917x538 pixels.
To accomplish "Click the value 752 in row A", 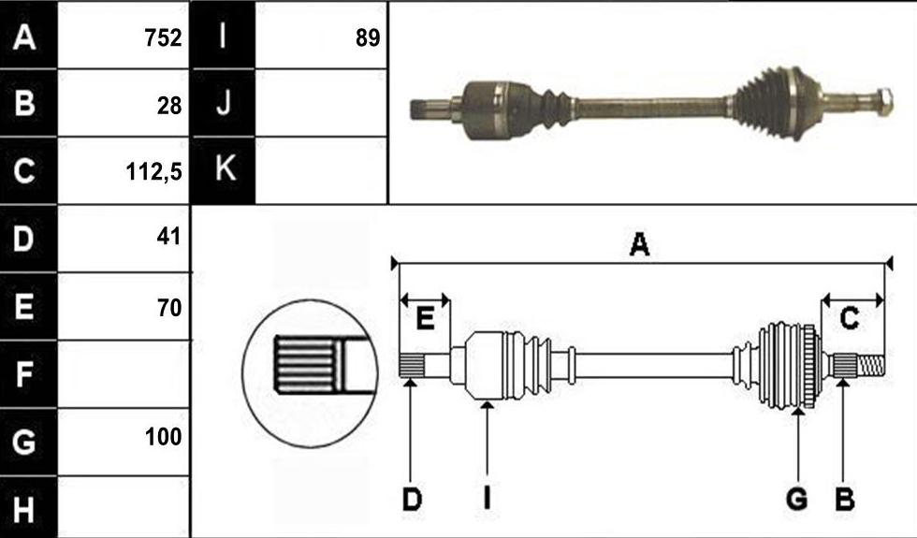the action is [163, 38].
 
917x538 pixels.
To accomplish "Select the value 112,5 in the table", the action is [153, 172].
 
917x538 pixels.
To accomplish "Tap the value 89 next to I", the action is [367, 38].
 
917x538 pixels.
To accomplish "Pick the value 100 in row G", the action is [163, 436].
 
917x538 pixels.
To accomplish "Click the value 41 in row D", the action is [169, 237].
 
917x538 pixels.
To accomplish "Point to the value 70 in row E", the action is [169, 307].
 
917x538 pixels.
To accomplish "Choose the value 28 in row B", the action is [169, 106].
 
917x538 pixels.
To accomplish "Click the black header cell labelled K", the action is [223, 170].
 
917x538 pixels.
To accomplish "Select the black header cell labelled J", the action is [223, 103].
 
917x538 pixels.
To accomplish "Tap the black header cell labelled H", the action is [28, 507].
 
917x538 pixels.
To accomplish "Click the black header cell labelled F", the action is [28, 373].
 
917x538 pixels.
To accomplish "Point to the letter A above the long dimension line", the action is [639, 244].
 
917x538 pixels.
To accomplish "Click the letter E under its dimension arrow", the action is [425, 319].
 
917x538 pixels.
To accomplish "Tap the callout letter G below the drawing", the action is [796, 500].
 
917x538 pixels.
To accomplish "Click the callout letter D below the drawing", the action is [412, 500].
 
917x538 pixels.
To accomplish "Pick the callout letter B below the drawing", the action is [844, 500].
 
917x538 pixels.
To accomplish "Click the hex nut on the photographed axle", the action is [884, 101].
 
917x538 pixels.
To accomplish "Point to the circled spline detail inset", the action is [310, 373].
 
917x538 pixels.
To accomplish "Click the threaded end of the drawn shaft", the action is [871, 366].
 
